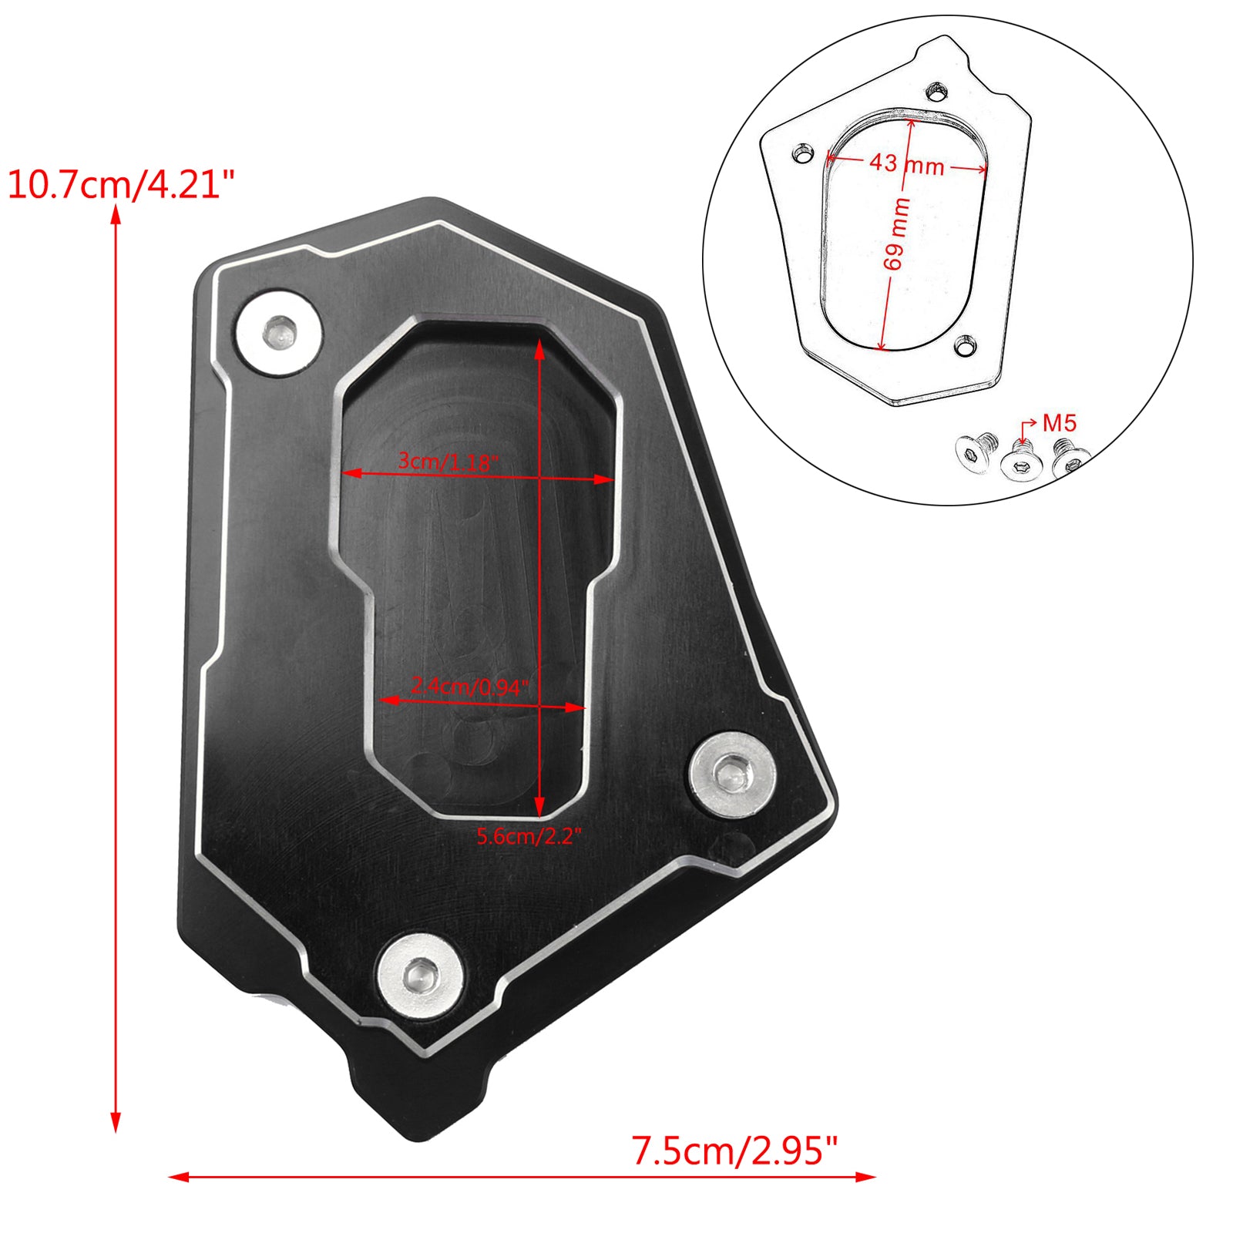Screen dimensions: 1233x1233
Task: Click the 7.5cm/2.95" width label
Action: pos(734,1151)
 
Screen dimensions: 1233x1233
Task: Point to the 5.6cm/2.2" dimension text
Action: pos(529,836)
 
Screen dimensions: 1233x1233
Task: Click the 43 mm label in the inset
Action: pos(906,163)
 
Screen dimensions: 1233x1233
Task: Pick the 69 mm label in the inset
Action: pos(896,233)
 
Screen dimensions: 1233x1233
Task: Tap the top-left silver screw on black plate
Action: pos(278,334)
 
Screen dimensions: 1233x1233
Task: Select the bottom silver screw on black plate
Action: pos(421,976)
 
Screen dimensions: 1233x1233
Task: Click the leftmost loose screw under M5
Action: pos(973,455)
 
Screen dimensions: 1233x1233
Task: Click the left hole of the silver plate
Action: pos(803,153)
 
